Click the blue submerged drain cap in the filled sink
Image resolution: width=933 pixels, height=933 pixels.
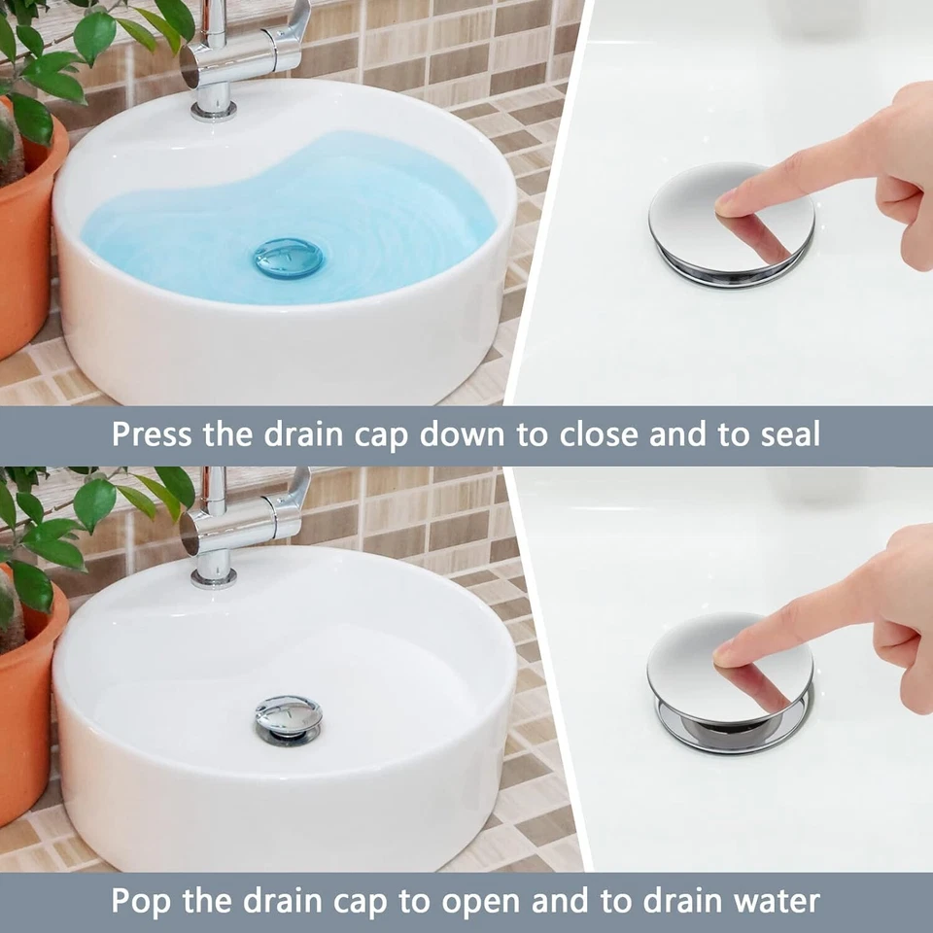(x=289, y=258)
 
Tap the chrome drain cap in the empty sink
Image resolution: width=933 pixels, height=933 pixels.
(x=288, y=717)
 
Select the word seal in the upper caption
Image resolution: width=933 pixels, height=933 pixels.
(x=786, y=434)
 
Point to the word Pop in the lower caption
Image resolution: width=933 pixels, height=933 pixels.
(x=142, y=900)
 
